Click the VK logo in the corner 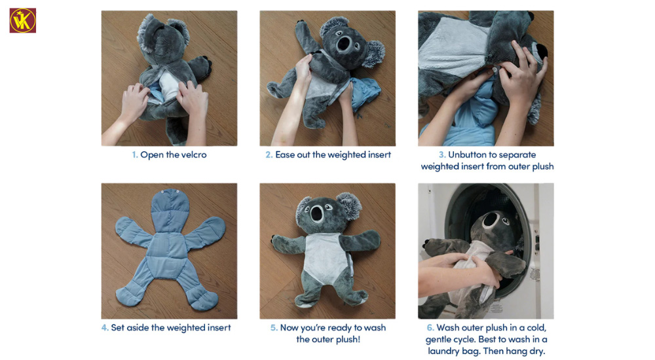(22, 20)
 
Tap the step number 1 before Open (134, 155)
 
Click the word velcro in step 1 (194, 155)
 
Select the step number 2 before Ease (269, 155)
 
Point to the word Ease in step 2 (285, 155)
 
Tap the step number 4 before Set (105, 328)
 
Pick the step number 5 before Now (274, 328)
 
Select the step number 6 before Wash (430, 328)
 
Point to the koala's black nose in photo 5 (317, 213)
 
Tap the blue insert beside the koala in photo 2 (365, 94)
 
